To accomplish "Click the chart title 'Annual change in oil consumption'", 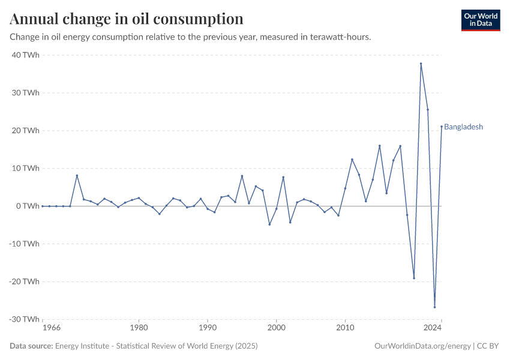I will tap(127, 19).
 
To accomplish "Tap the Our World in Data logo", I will tap(481, 20).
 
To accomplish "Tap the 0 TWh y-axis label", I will tap(28, 206).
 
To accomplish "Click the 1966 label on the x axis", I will tap(51, 329).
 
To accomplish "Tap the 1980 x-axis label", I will tap(139, 329).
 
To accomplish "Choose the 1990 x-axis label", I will tap(208, 329).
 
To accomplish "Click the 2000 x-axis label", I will tap(276, 329).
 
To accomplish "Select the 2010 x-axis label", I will tap(345, 329).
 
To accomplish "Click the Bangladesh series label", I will tap(463, 127).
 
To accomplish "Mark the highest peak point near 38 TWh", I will tap(421, 64).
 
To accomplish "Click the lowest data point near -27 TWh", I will tap(434, 307).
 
